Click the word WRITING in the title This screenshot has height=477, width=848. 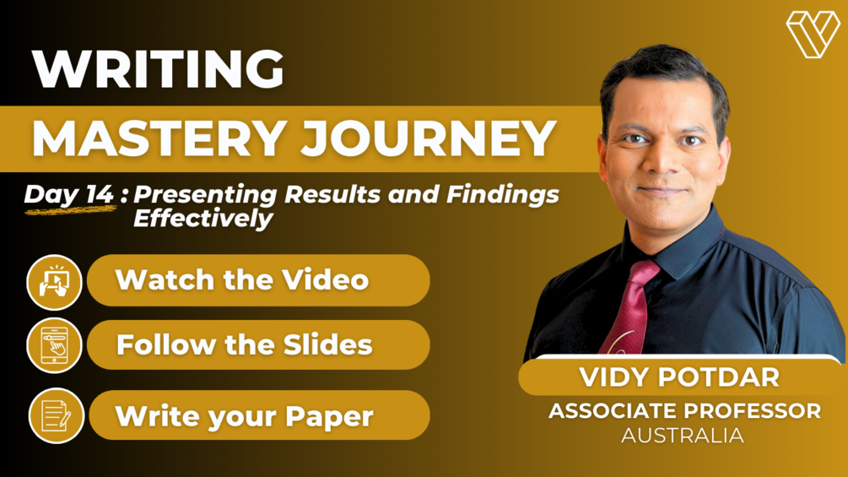click(x=158, y=69)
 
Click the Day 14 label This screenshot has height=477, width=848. click(x=68, y=194)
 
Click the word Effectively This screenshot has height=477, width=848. click(x=203, y=219)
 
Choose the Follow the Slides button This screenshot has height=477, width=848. click(x=258, y=344)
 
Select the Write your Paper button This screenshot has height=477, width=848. click(x=258, y=415)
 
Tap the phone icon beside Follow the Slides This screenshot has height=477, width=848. click(x=55, y=345)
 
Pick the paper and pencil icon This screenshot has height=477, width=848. click(x=57, y=415)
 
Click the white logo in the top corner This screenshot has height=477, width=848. click(x=813, y=35)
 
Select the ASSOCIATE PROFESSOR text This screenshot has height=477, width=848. click(x=684, y=411)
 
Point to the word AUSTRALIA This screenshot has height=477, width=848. click(x=683, y=436)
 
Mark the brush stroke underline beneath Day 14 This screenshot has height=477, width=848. click(x=69, y=209)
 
